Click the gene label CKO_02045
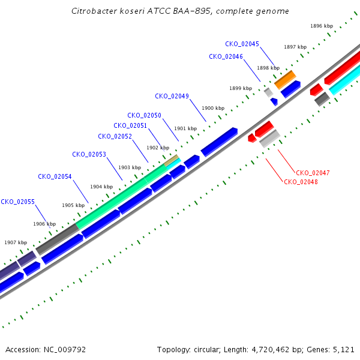coord(242,44)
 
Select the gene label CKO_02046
coord(226,57)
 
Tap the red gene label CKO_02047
coord(313,173)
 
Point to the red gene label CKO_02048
coord(301,182)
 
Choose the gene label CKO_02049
coord(172,96)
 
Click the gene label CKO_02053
coord(89,155)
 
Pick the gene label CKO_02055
coord(17,202)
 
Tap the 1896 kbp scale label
coord(322,26)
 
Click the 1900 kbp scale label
coord(213,108)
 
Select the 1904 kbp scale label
coord(101,187)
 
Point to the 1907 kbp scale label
coord(16,242)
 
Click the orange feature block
coord(285,80)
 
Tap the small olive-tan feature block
coord(171,160)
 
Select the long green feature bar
coord(121,197)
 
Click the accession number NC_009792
coord(65,350)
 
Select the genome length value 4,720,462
coord(271,350)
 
